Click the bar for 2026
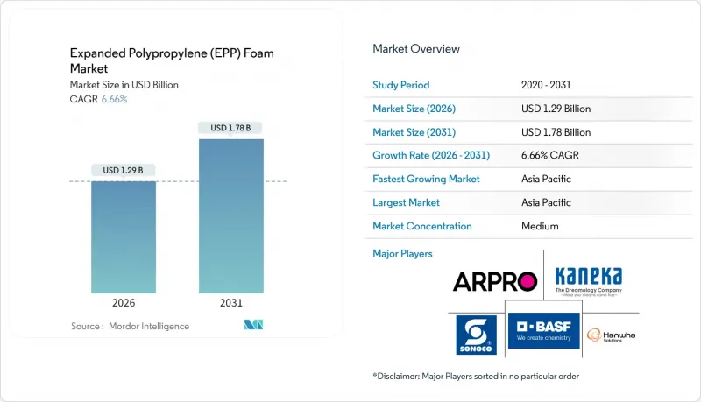click(x=124, y=236)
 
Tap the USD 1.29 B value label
click(x=124, y=170)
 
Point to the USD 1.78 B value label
click(x=231, y=128)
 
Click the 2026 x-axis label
click(x=124, y=303)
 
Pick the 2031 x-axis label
click(x=231, y=303)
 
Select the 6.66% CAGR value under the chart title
click(x=113, y=99)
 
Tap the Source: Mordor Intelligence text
click(x=130, y=327)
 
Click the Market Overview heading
click(x=416, y=49)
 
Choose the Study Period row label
click(x=401, y=85)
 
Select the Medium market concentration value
click(x=539, y=226)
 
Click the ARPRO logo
click(x=494, y=281)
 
